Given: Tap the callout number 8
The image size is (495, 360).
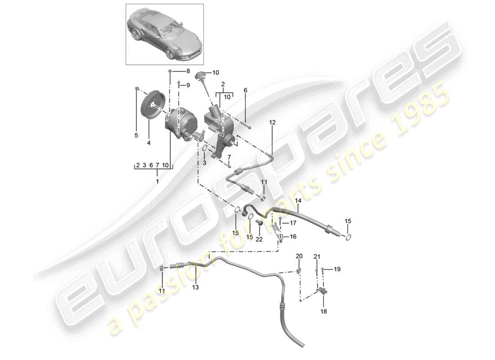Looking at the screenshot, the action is pyautogui.click(x=188, y=71).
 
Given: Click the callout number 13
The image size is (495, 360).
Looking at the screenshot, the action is pyautogui.click(x=196, y=287).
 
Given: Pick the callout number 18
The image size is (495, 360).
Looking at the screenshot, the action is pyautogui.click(x=323, y=311).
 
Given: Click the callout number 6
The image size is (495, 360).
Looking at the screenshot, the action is pyautogui.click(x=245, y=90).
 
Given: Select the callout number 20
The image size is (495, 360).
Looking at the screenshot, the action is pyautogui.click(x=299, y=256).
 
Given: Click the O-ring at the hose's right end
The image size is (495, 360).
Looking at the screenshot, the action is pyautogui.click(x=348, y=237).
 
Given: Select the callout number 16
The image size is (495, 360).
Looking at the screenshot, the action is pyautogui.click(x=292, y=236).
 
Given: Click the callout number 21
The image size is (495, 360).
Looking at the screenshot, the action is pyautogui.click(x=317, y=257).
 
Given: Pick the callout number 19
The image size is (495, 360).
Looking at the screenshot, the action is pyautogui.click(x=337, y=269).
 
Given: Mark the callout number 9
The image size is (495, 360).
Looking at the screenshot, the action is pyautogui.click(x=188, y=85).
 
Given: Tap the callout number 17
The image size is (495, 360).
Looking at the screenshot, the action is pyautogui.click(x=292, y=222).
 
